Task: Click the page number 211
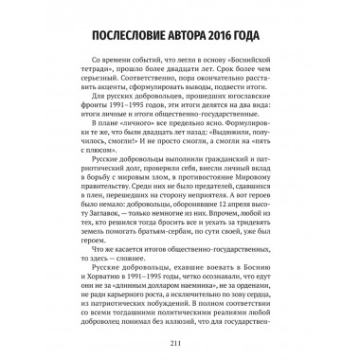click(x=180, y=343)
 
